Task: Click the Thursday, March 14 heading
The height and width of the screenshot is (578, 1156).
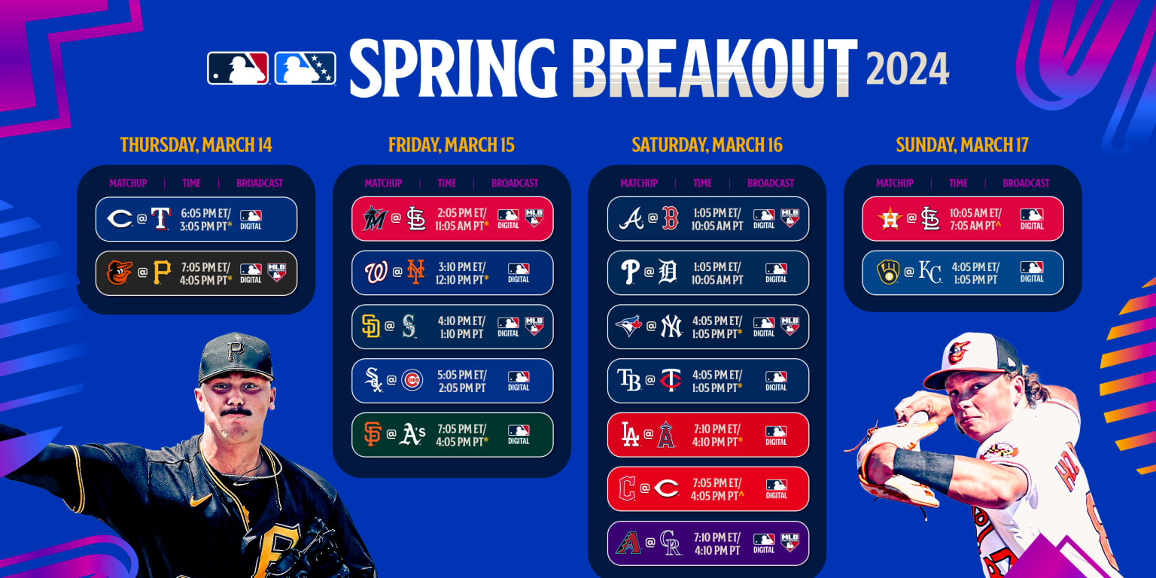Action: click(196, 144)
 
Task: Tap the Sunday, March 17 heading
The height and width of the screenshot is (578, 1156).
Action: click(962, 144)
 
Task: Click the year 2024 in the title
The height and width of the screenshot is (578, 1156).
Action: click(908, 70)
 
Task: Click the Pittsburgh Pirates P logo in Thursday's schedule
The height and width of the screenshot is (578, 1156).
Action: click(162, 272)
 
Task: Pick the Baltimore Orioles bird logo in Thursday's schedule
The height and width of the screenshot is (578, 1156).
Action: click(120, 272)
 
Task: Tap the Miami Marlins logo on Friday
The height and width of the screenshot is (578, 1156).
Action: click(375, 218)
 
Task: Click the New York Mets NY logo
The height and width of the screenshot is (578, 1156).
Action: click(415, 272)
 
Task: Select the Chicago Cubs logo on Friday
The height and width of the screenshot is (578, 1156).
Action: click(412, 380)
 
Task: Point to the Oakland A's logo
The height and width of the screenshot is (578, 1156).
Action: click(413, 434)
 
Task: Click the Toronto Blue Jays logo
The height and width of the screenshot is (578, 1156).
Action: click(629, 326)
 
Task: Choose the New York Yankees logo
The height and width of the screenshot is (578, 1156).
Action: click(670, 326)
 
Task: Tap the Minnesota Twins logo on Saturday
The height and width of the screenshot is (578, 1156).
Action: click(670, 381)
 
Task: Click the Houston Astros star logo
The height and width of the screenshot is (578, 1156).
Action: click(890, 218)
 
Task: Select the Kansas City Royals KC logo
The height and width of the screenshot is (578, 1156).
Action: click(930, 272)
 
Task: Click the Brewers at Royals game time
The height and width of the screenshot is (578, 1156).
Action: click(975, 272)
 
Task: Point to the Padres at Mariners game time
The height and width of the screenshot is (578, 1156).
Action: click(461, 327)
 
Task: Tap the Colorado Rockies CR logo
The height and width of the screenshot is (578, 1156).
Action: click(670, 543)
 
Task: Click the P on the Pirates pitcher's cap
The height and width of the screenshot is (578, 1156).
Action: click(236, 351)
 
